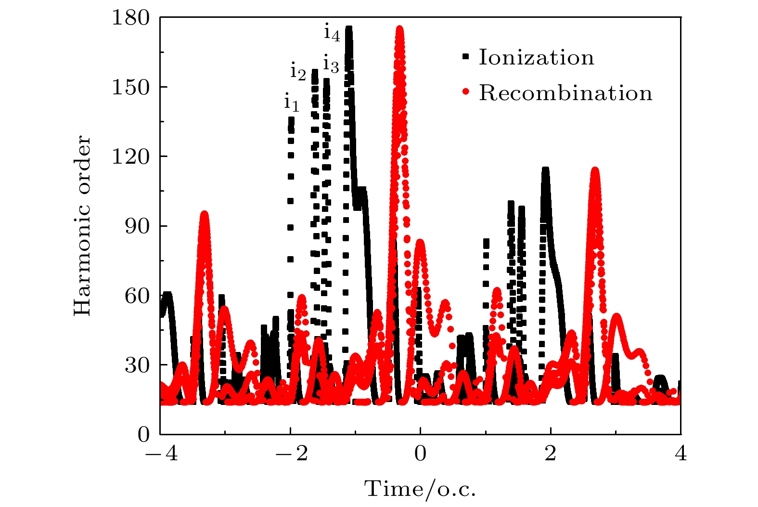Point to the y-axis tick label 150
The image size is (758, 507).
coord(130,87)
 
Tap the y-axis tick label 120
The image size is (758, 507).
coord(130,157)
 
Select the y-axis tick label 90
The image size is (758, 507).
coord(137,226)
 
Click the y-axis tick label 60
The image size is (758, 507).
coord(137,296)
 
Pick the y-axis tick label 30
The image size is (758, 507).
coord(137,365)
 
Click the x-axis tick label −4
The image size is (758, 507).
coord(161,454)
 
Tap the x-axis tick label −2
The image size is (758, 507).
coord(291,454)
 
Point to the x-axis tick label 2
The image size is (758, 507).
coord(551,454)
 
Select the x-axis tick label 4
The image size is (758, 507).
coord(681,454)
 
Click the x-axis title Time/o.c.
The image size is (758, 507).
coord(420,489)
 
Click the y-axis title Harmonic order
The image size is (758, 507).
coord(83,226)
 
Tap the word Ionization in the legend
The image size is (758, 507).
coord(536,58)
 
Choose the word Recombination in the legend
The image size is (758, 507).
coord(565,93)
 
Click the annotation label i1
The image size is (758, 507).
coord(291,103)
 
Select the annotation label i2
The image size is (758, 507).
coord(298,72)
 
